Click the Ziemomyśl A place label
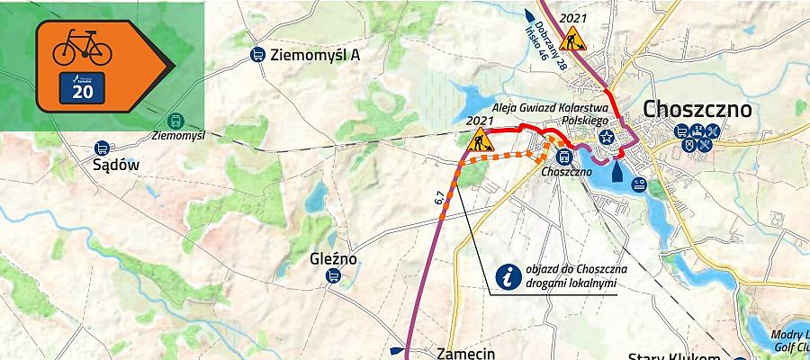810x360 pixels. click(316, 55)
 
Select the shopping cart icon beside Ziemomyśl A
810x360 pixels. click(257, 55)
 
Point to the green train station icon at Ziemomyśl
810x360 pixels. click(175, 121)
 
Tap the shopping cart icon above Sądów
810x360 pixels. click(102, 148)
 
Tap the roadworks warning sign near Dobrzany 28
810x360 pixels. click(571, 39)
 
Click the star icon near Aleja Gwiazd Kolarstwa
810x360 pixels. click(607, 138)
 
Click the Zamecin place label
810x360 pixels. click(465, 354)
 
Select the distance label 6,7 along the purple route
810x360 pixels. click(439, 201)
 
